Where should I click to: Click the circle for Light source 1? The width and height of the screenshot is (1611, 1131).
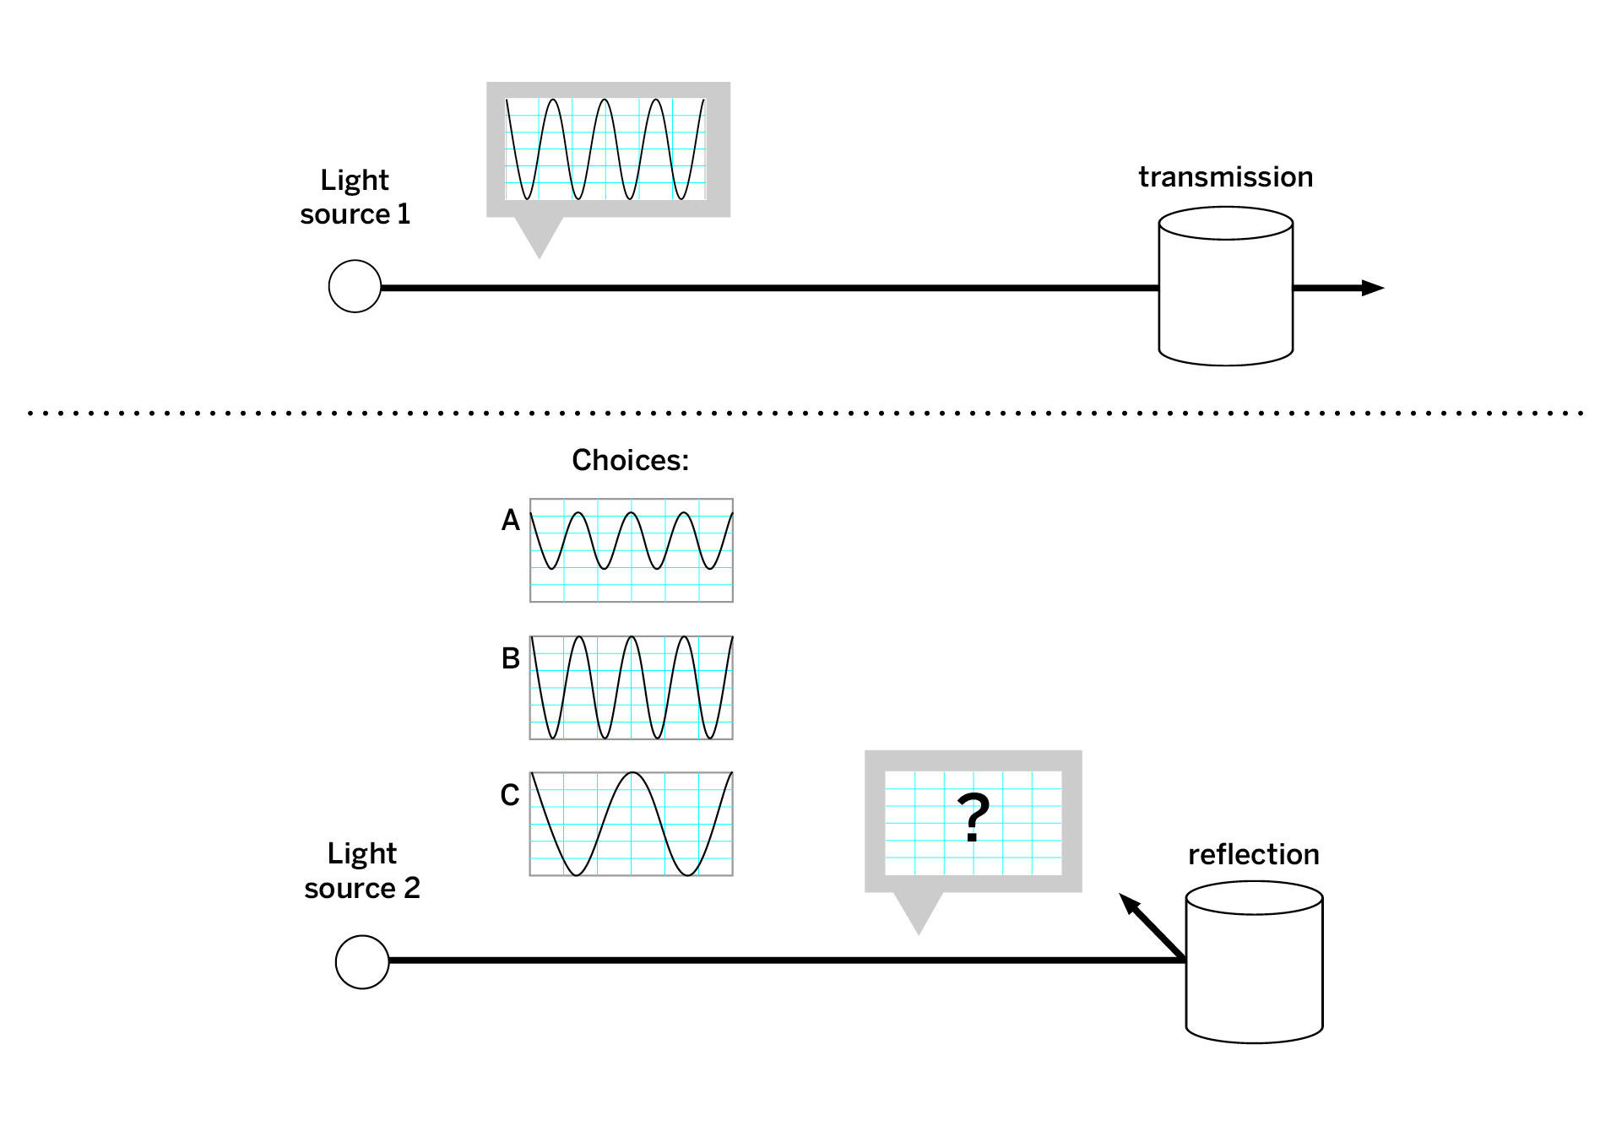point(355,287)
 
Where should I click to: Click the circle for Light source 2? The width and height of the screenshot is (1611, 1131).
point(362,962)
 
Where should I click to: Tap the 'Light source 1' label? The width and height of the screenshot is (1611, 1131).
point(355,197)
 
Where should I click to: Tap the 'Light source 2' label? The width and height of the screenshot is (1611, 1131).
point(362,871)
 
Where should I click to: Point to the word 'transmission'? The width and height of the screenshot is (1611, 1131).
point(1225,177)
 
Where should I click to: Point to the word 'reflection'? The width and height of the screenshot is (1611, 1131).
point(1253,855)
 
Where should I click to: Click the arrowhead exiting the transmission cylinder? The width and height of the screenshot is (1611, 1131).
point(1373,288)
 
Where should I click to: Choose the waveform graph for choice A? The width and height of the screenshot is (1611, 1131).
point(632,550)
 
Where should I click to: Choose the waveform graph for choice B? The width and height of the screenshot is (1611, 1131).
point(632,688)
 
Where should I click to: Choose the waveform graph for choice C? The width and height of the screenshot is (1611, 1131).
point(632,824)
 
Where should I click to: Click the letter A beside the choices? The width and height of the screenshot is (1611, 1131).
point(510,520)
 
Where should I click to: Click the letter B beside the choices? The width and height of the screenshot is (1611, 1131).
point(510,658)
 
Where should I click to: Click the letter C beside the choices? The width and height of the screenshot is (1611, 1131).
point(509,795)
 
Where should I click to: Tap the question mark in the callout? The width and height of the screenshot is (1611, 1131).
point(974,817)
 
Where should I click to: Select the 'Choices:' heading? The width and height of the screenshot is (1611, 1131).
point(630,460)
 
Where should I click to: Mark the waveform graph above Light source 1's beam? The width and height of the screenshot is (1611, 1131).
point(605,149)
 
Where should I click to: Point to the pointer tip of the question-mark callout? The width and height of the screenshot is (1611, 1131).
point(919,932)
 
